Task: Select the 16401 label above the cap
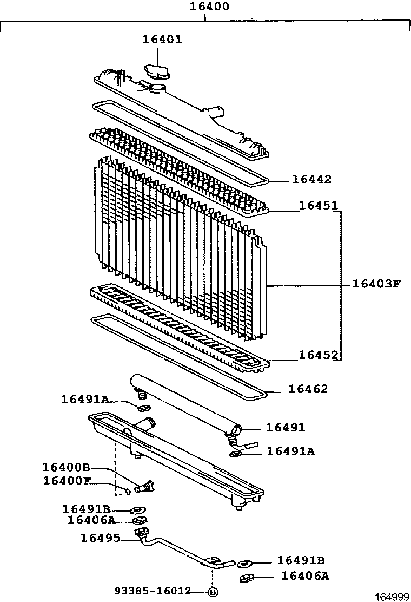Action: point(162,39)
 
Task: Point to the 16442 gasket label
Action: point(311,179)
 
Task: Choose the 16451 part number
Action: point(319,206)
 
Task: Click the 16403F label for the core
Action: point(376,283)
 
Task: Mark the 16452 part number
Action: point(319,355)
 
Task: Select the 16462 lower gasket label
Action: point(308,389)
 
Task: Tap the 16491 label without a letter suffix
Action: point(286,428)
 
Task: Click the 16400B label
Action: point(67,467)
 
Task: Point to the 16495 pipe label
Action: point(100,538)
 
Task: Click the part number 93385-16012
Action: point(153,591)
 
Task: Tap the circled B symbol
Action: point(213,591)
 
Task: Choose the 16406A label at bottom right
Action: point(305,575)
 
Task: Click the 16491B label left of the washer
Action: point(87,508)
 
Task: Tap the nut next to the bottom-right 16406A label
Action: point(246,579)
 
